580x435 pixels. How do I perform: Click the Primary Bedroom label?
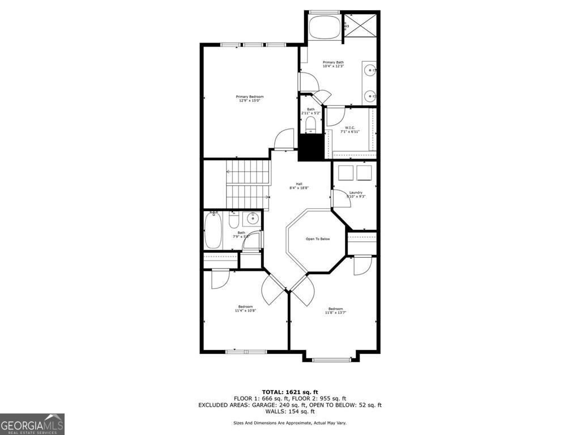click(x=250, y=97)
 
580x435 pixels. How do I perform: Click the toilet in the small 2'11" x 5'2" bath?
click(x=311, y=123)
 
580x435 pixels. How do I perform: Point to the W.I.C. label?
click(x=350, y=128)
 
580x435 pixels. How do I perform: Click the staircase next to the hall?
click(x=247, y=184)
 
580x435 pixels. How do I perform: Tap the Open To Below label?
click(x=318, y=239)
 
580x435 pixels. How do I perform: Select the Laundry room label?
click(x=356, y=193)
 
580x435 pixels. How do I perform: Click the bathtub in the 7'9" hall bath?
click(x=213, y=230)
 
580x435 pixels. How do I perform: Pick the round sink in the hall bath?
click(x=253, y=218)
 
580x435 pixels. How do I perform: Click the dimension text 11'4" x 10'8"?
click(x=245, y=310)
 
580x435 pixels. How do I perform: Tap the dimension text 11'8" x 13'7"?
click(x=335, y=313)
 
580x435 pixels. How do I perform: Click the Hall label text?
click(x=298, y=184)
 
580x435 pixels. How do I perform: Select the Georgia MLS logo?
click(x=32, y=424)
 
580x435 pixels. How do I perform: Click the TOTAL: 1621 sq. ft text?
click(x=289, y=392)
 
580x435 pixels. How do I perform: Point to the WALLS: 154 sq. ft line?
click(x=289, y=411)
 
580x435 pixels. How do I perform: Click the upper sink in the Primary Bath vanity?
click(x=369, y=71)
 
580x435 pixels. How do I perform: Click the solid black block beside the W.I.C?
click(x=310, y=147)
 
